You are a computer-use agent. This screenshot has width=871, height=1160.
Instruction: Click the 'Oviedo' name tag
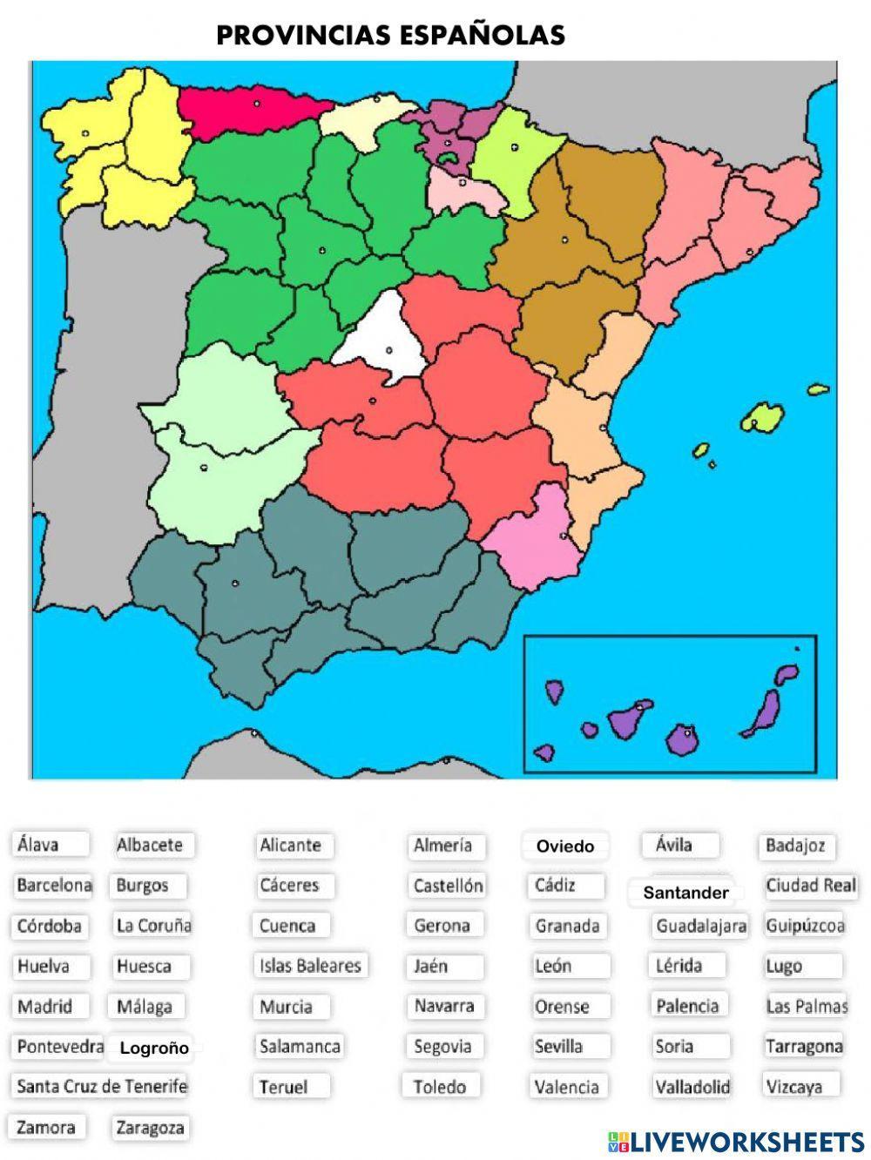tap(564, 846)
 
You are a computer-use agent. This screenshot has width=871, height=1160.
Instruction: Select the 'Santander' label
tap(685, 893)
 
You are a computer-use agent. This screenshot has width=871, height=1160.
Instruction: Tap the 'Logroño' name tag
tap(154, 1048)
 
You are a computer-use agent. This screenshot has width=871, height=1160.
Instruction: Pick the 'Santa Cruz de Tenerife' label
tap(102, 1086)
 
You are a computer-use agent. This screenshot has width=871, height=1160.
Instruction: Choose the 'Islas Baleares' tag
tap(309, 965)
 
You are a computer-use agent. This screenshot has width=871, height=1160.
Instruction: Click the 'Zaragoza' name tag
tap(150, 1128)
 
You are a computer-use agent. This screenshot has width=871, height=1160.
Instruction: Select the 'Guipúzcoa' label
tap(805, 925)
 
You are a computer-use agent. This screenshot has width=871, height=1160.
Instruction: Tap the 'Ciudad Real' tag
tap(810, 885)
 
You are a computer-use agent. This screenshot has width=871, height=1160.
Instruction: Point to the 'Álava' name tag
tap(38, 844)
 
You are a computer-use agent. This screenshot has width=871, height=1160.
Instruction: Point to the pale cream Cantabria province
tap(361, 117)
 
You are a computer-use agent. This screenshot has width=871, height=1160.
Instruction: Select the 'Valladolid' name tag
tap(692, 1086)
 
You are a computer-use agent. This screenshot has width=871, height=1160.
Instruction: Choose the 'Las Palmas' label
tap(806, 1006)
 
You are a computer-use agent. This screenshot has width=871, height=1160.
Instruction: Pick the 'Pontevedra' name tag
tap(60, 1046)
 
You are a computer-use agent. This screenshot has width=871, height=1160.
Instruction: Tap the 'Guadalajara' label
tap(701, 925)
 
